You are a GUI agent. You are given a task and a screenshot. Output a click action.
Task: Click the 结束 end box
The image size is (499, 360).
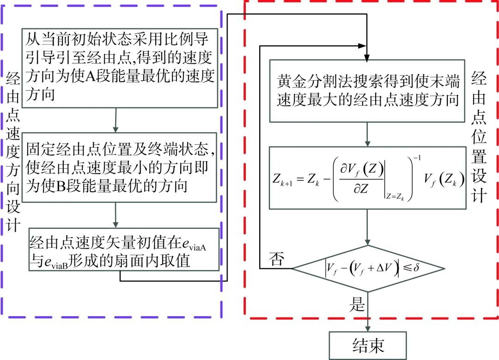pyautogui.click(x=368, y=345)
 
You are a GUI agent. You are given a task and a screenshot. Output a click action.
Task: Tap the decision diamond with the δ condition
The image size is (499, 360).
pyautogui.click(x=368, y=268)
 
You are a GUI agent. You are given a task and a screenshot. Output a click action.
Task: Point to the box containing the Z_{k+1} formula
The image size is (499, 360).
pyautogui.click(x=367, y=177)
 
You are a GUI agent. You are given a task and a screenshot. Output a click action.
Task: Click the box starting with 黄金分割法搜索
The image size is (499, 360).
pyautogui.click(x=367, y=91)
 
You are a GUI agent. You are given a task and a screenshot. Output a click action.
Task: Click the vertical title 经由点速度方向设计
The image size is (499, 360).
pyautogui.click(x=12, y=153)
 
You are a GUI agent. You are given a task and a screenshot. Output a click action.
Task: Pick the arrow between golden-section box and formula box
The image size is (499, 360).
pyautogui.click(x=368, y=134)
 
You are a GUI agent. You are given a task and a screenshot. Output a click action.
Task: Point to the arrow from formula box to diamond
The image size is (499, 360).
pyautogui.click(x=368, y=226)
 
